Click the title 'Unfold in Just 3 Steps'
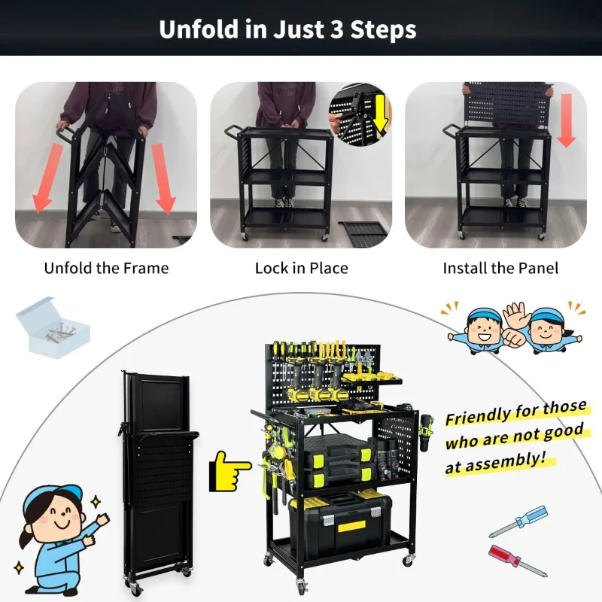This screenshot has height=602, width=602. tap(287, 29)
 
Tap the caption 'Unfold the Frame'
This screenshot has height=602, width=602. tap(106, 268)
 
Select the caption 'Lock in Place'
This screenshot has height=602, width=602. tap(301, 268)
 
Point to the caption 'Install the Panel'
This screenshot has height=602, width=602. tap(500, 268)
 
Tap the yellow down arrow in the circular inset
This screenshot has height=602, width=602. tap(380, 111)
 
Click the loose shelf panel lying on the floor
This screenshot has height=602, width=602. tap(362, 233)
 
